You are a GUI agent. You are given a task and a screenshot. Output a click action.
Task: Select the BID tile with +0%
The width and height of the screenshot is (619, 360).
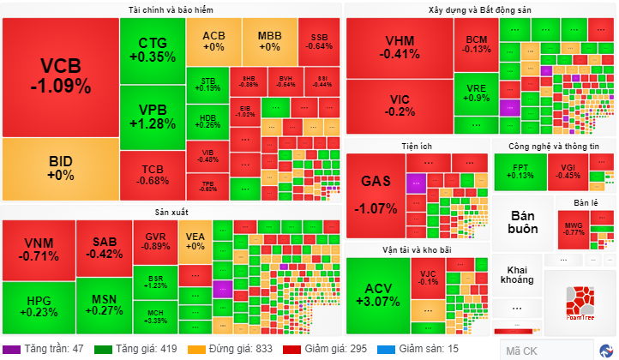coord(60,168)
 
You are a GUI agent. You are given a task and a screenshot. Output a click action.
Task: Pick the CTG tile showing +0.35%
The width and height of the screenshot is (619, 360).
coord(152,49)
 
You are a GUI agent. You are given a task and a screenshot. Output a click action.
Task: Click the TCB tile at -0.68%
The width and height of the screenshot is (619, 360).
coord(153,174)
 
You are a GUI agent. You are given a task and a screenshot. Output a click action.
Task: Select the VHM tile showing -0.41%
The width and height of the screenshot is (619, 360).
coord(399,47)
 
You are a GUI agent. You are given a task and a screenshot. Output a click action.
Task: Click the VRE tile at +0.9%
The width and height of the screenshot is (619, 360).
coord(477,93)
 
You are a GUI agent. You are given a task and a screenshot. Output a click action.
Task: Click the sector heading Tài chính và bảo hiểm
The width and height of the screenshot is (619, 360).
coord(171,9)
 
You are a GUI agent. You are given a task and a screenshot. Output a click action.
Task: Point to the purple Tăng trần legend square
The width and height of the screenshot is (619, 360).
coord(10,350)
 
